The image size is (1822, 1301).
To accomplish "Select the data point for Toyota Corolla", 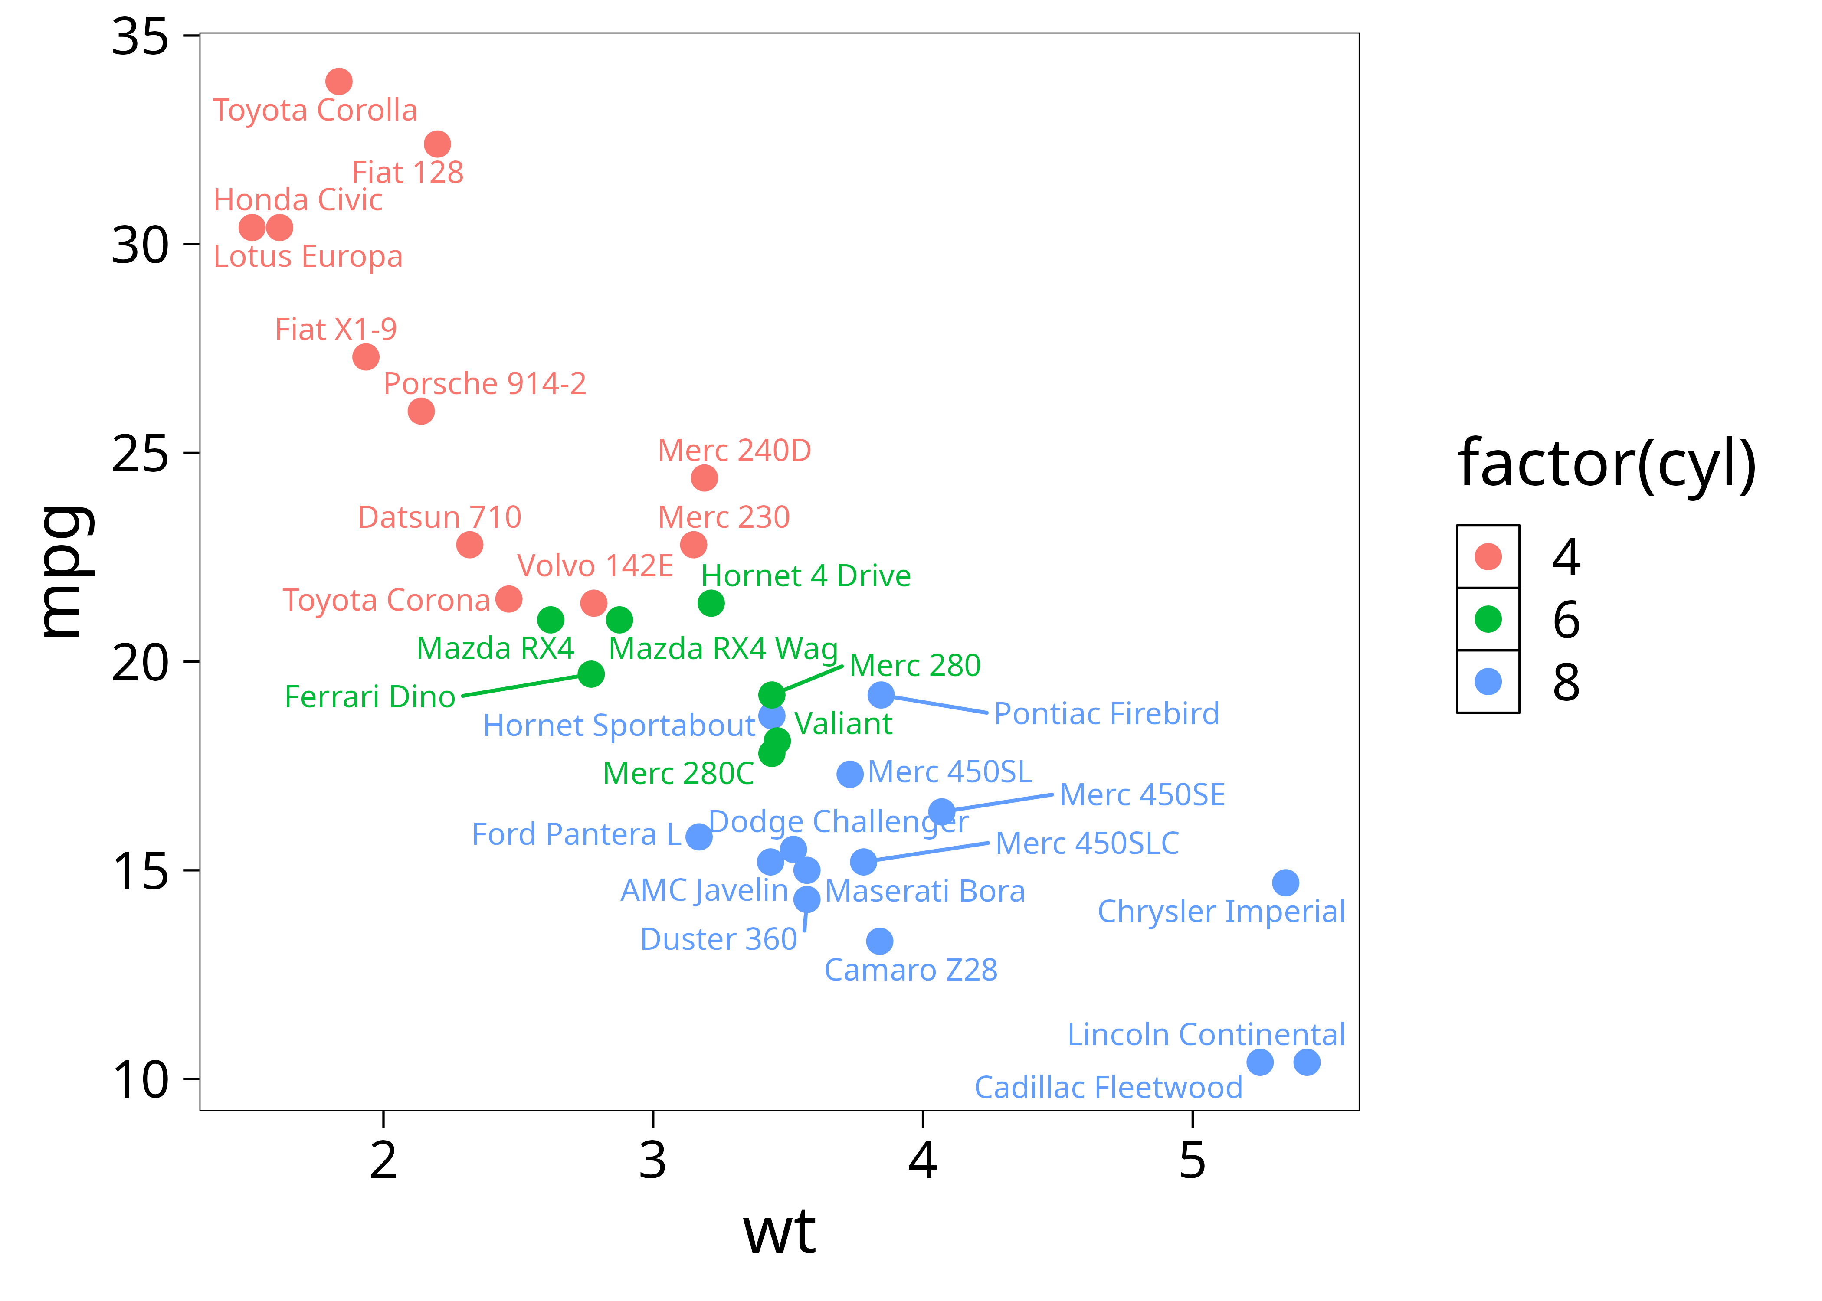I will pos(339,81).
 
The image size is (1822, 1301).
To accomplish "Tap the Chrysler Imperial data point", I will pos(1285,883).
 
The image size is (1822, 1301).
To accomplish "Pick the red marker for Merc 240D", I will pos(704,478).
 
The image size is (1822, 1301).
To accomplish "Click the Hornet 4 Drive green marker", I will pos(711,603).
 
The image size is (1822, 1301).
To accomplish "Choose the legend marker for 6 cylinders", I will pos(1488,619).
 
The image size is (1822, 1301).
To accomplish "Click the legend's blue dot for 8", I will pos(1488,682).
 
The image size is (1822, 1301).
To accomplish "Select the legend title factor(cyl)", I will pos(1606,464).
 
